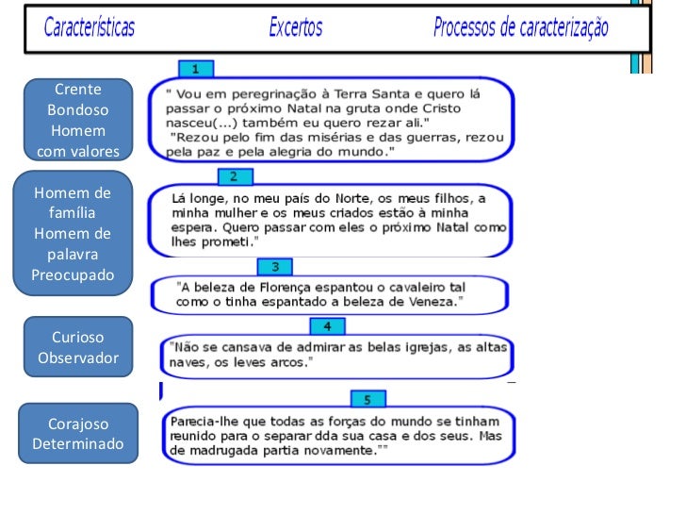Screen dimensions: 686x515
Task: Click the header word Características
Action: (90, 27)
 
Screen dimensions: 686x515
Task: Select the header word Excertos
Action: (296, 27)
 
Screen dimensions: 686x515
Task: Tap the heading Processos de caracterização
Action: (520, 27)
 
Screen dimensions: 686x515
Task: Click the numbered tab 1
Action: (196, 69)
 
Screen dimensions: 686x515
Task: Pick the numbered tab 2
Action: (235, 176)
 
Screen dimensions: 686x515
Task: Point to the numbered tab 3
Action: (275, 267)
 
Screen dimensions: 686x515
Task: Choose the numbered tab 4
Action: (327, 326)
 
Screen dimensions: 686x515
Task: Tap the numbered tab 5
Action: (367, 399)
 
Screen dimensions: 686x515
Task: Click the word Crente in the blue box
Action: (78, 90)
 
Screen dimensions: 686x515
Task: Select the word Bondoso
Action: (78, 110)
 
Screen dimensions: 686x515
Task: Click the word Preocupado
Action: (73, 275)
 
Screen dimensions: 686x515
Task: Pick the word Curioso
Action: (78, 338)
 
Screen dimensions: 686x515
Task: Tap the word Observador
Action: (78, 357)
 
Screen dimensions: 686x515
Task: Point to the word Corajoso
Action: (78, 424)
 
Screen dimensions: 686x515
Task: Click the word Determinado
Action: (78, 443)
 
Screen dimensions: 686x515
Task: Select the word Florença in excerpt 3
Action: (286, 288)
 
